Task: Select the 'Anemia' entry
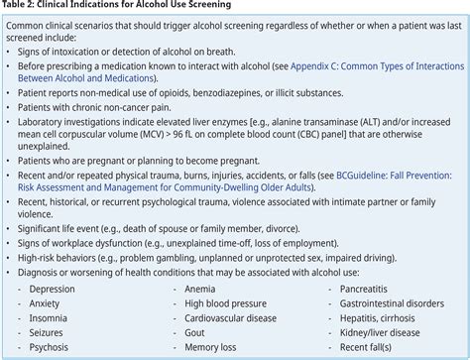click(201, 289)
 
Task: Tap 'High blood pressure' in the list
click(228, 303)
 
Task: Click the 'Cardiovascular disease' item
click(236, 318)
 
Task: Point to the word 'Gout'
click(196, 334)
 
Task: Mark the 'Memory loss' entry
click(213, 349)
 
